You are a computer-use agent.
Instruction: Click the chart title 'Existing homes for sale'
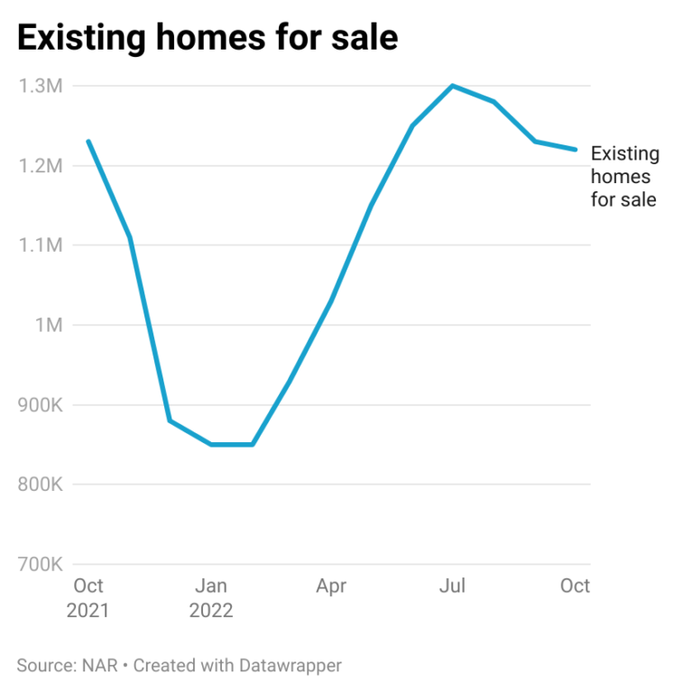208,38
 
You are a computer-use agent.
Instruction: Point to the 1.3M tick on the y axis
40,87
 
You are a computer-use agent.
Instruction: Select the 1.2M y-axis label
40,166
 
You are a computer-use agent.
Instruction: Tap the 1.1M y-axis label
40,245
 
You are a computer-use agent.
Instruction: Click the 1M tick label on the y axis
46,325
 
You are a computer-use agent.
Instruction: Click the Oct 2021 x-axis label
88,598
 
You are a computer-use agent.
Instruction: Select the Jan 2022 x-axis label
211,598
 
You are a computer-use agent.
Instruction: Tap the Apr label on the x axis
331,587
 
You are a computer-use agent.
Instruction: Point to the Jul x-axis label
452,587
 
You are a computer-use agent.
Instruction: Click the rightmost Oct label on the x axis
575,587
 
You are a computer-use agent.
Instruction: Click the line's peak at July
452,86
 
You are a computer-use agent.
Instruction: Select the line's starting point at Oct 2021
88,141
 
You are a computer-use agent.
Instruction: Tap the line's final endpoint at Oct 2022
576,150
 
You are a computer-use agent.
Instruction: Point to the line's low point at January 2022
211,444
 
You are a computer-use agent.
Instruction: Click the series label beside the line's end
624,177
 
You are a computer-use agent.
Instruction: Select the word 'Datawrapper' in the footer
291,666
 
